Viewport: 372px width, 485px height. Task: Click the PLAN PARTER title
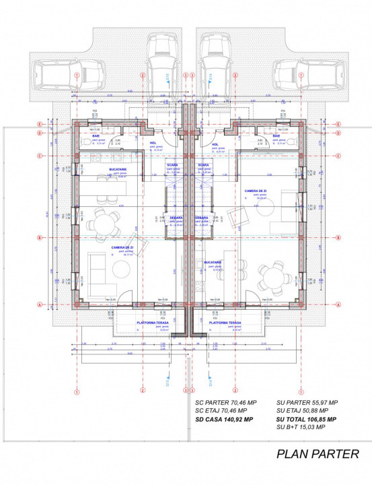pyautogui.click(x=318, y=454)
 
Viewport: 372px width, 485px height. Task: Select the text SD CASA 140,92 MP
pyautogui.click(x=224, y=419)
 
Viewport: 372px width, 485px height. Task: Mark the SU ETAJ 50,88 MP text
pyautogui.click(x=302, y=410)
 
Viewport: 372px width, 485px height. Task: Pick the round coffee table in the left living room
pyautogui.click(x=121, y=269)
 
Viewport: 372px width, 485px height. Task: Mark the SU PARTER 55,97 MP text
pyautogui.click(x=306, y=402)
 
